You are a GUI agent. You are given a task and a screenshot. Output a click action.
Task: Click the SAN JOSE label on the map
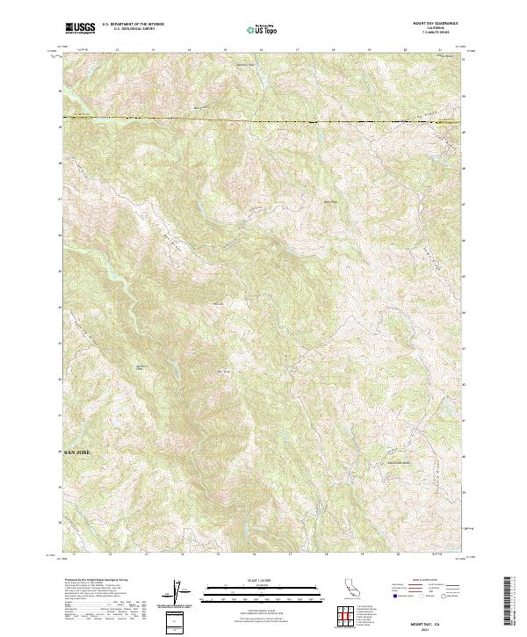tap(76, 452)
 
